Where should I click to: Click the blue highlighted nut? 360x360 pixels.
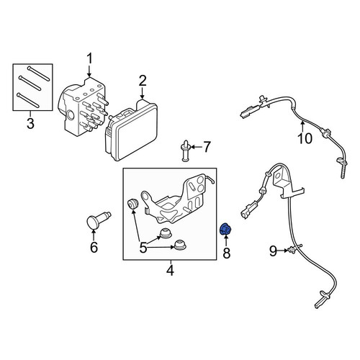coord(226,230)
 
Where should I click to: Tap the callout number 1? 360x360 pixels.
coord(89,59)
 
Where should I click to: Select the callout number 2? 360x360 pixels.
coord(143,81)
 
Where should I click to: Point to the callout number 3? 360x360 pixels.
coord(30,123)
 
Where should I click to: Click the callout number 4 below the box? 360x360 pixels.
coord(170,270)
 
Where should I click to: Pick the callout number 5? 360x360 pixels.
coord(143,248)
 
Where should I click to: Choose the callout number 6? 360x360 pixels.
coord(94,247)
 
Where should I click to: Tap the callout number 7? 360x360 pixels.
coord(207,147)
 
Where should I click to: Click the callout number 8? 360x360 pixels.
coord(226,253)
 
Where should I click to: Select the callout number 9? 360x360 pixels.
coord(273,251)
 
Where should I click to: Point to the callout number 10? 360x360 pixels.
coord(305,138)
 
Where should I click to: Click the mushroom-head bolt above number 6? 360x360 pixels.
coord(98,219)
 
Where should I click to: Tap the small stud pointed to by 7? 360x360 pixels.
coord(185,150)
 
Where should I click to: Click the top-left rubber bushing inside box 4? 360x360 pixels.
coord(132,204)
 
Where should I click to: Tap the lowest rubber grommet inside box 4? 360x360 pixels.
coord(180,245)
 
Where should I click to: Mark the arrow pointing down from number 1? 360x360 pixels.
coord(89,71)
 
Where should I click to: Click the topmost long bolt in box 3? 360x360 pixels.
coord(39,73)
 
